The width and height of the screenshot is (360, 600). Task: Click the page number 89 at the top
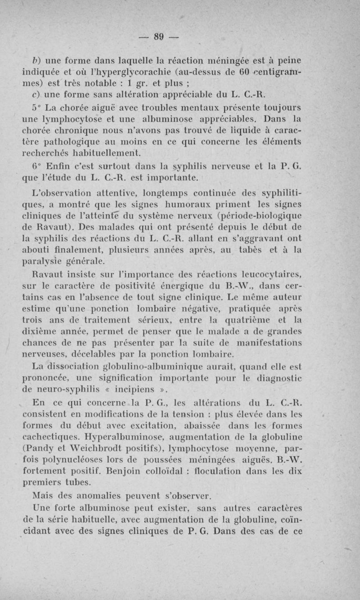(x=157, y=37)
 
